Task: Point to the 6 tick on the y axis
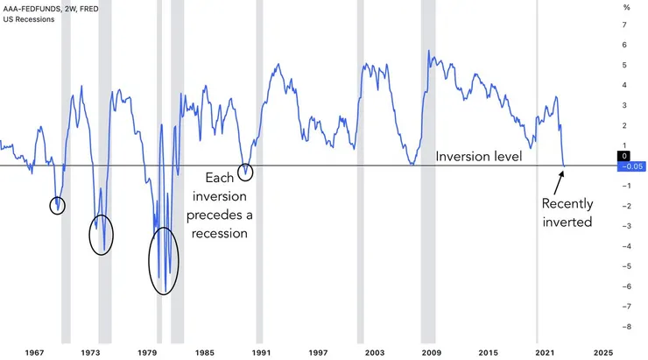(x=625, y=45)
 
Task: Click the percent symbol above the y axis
(x=625, y=7)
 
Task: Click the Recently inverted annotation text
(x=567, y=213)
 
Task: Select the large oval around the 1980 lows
(x=164, y=260)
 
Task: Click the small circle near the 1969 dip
(x=58, y=206)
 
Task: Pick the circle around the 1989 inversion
(x=245, y=172)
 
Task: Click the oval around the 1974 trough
(x=102, y=234)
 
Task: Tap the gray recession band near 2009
(x=428, y=175)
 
